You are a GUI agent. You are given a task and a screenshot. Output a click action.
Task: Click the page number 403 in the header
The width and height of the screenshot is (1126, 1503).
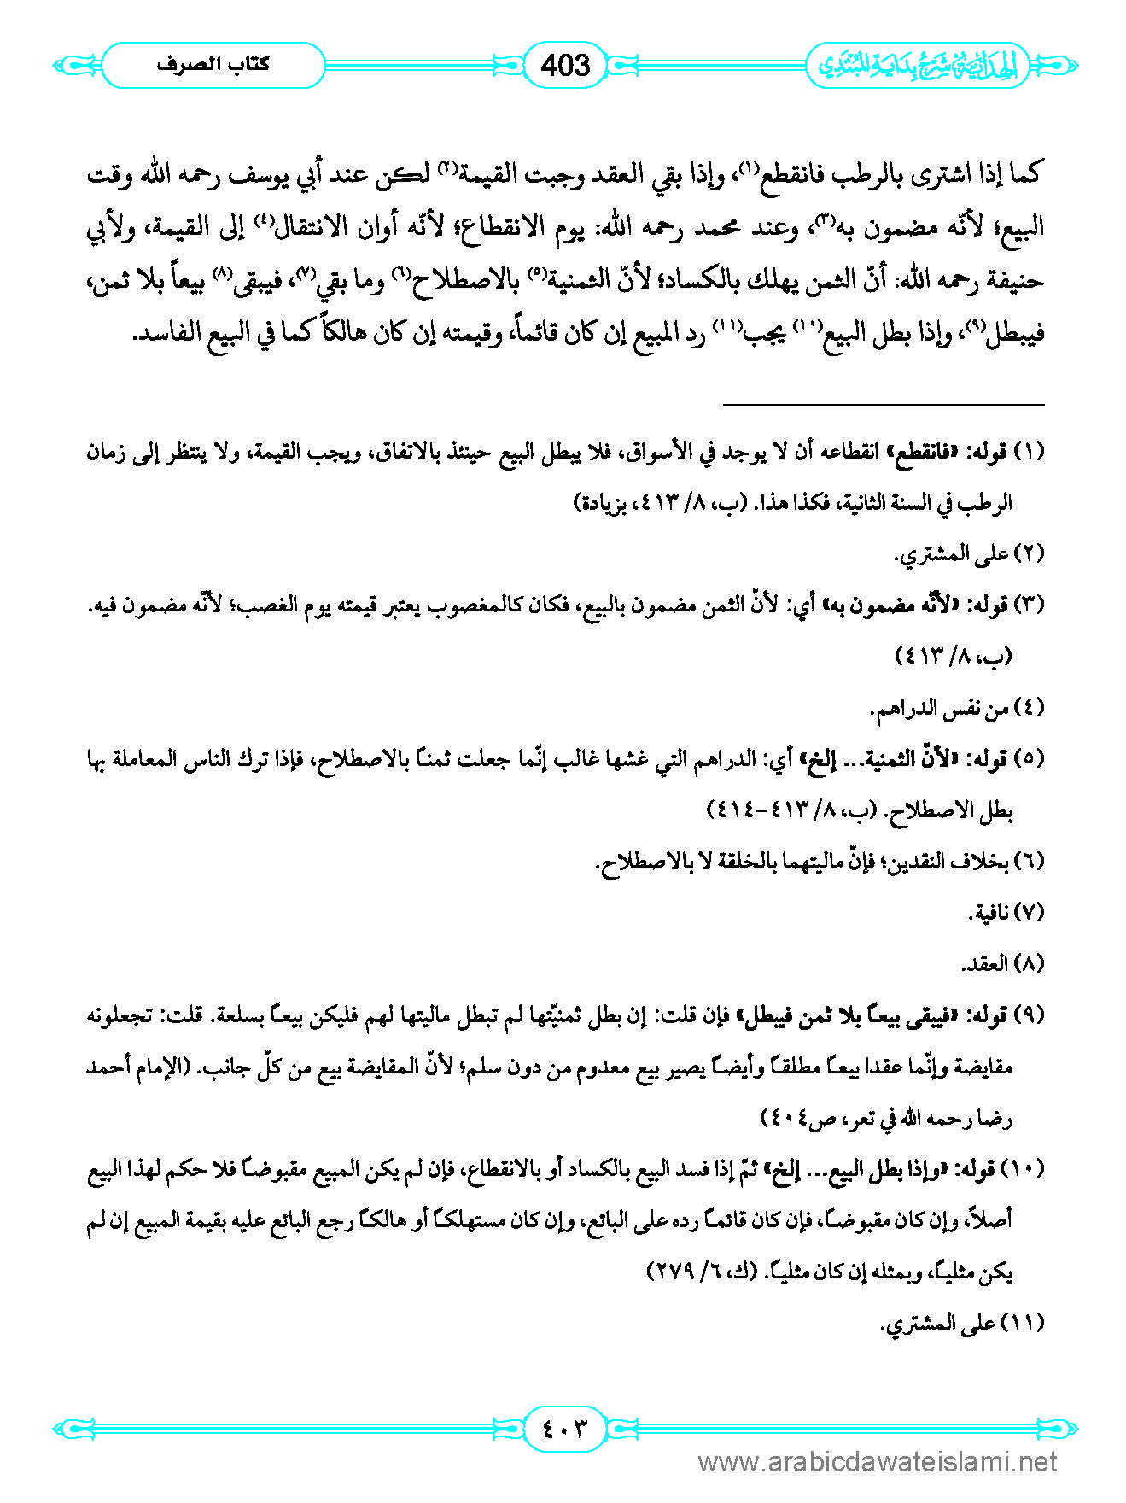click(565, 65)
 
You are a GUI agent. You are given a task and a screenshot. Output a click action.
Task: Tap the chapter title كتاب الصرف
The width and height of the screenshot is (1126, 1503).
click(213, 65)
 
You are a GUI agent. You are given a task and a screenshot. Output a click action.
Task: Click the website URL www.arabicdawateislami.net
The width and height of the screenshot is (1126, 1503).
click(878, 1462)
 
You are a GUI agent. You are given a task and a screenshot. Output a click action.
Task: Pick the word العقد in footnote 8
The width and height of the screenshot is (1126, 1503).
click(985, 964)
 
